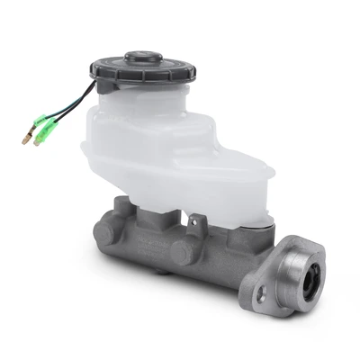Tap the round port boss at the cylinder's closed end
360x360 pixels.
104,231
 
